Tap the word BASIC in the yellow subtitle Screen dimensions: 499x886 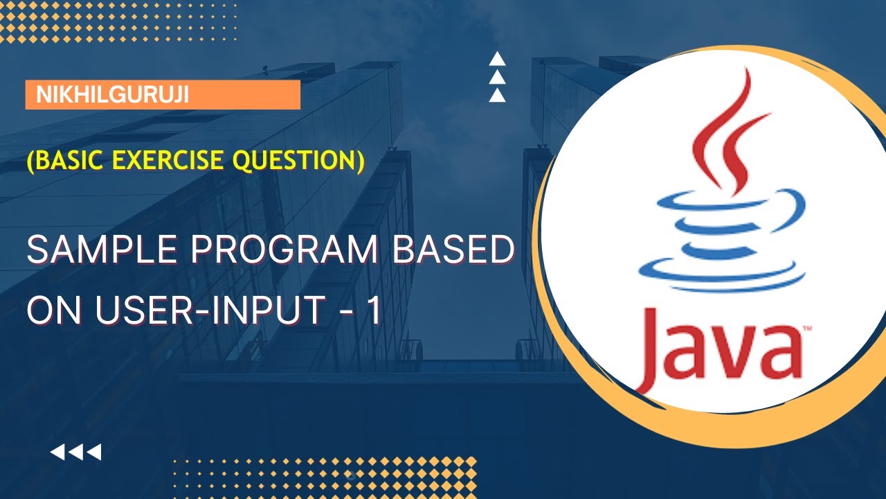[67, 161]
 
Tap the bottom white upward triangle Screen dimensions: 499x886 [496, 96]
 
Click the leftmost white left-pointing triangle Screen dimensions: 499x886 [57, 453]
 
